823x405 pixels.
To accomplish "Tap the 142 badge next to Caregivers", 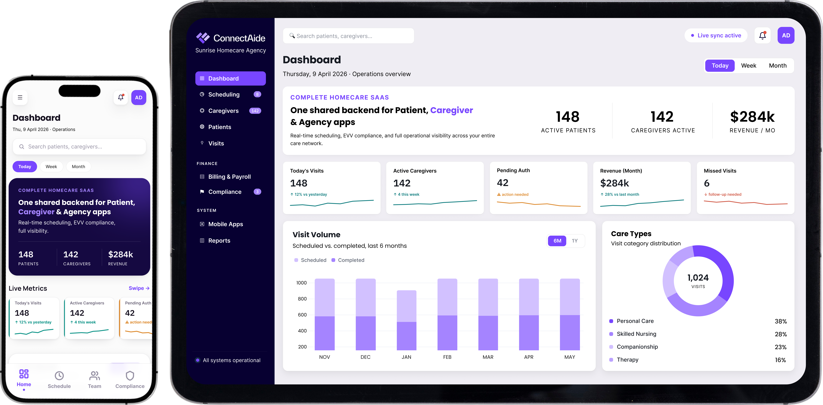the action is (x=255, y=111).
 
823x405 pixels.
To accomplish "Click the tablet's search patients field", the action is (x=348, y=36).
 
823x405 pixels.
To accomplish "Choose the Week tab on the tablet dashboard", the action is (x=749, y=65).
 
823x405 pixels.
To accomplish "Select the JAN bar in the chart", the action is (x=406, y=320).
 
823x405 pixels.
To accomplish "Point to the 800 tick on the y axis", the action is (x=302, y=299).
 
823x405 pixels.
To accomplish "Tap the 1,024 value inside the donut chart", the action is (x=698, y=278).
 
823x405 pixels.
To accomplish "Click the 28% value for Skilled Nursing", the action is (x=781, y=334).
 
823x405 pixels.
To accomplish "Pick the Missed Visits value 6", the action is (x=707, y=183).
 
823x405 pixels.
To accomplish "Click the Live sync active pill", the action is (x=716, y=35).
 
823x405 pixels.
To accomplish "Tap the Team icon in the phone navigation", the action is (x=95, y=376).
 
